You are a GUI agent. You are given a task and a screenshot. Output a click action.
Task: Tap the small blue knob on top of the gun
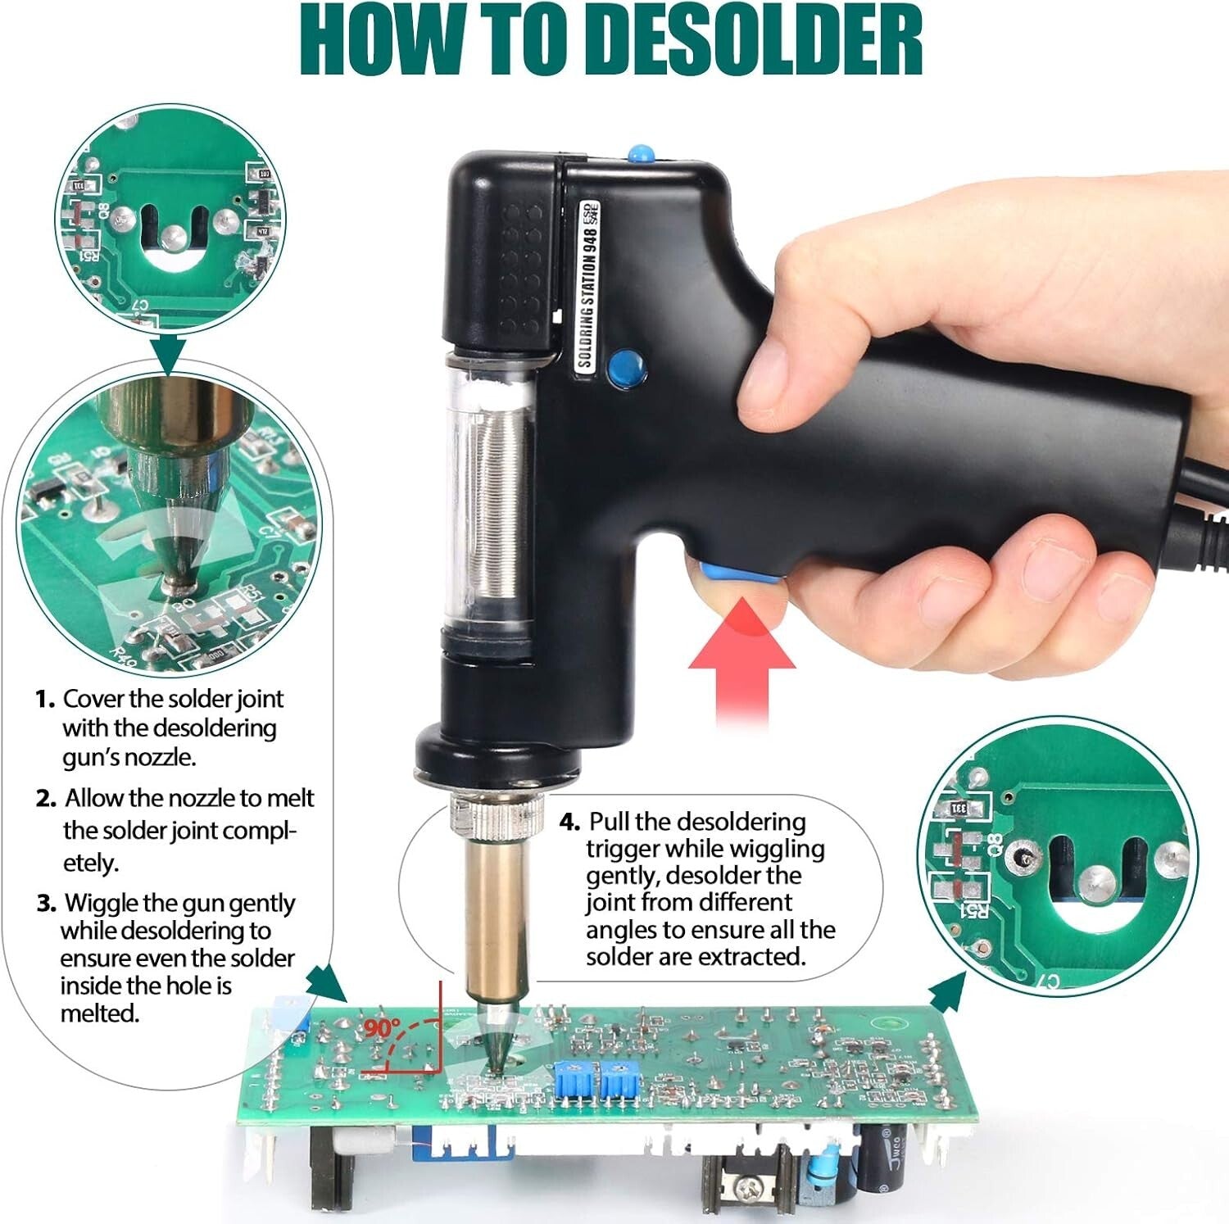(638, 153)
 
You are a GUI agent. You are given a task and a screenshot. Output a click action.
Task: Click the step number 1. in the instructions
(45, 700)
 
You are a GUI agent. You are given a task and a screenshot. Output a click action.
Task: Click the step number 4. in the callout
(570, 822)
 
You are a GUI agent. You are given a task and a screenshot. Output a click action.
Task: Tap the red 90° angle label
(382, 1027)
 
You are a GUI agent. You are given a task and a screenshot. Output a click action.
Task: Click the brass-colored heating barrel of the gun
(496, 918)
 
